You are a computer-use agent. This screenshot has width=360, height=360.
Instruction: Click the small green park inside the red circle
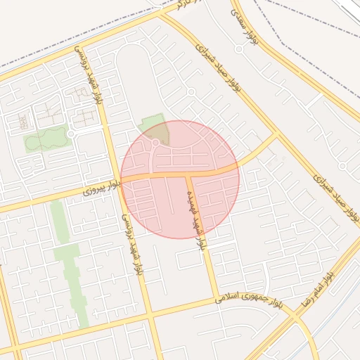click(156, 128)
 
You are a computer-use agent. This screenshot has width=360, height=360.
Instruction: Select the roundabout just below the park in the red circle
click(155, 143)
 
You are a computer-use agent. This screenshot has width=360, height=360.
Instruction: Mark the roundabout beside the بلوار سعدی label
click(239, 49)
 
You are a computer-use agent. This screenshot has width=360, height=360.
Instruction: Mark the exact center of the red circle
click(180, 179)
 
